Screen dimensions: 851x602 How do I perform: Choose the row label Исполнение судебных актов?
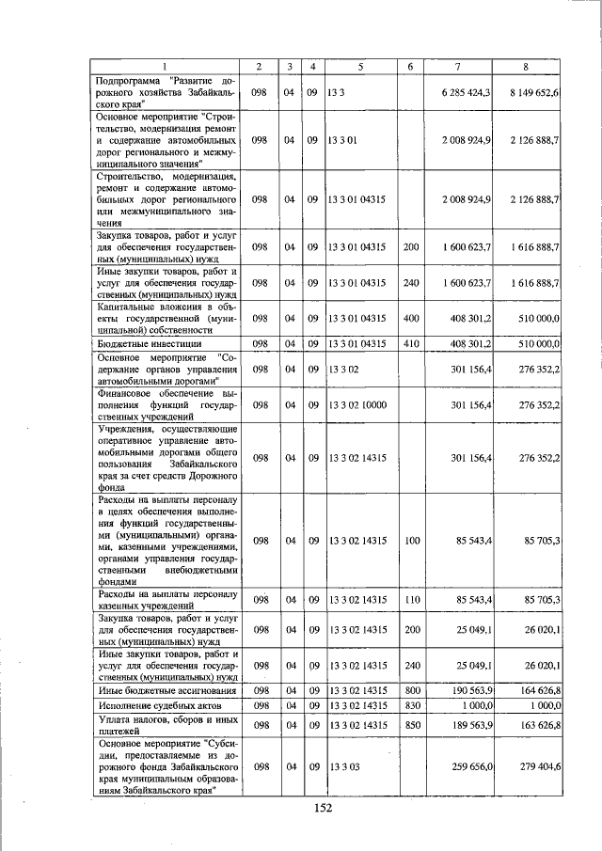[x=148, y=705]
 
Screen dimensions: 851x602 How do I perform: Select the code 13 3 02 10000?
[x=357, y=405]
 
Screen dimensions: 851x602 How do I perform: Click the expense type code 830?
[x=411, y=705]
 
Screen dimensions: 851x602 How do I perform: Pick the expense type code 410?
[x=411, y=344]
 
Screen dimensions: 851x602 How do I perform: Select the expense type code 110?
[x=411, y=600]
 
